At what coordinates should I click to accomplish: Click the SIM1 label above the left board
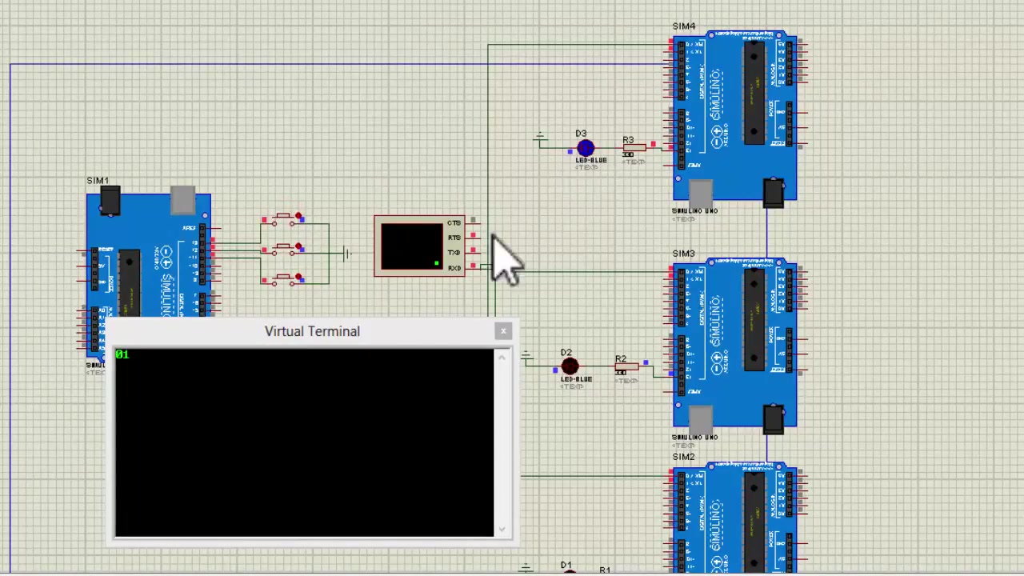click(x=98, y=181)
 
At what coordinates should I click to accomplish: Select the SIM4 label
click(x=684, y=26)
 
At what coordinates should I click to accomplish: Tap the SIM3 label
click(x=684, y=254)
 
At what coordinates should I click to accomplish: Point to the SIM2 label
click(x=684, y=457)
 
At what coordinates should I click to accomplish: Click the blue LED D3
click(x=585, y=149)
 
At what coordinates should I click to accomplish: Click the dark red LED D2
click(x=570, y=367)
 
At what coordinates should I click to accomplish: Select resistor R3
click(x=634, y=147)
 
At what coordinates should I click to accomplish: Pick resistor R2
click(x=626, y=367)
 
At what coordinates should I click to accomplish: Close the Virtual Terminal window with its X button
click(x=503, y=331)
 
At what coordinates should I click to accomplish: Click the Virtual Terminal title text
click(x=312, y=331)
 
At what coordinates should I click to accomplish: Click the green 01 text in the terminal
click(x=122, y=354)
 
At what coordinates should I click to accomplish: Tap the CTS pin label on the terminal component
click(x=454, y=222)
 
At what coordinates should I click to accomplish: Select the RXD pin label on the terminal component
click(x=454, y=268)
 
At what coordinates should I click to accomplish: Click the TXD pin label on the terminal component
click(x=454, y=253)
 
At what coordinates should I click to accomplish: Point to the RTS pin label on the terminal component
click(x=454, y=238)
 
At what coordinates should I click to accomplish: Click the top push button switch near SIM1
click(x=285, y=218)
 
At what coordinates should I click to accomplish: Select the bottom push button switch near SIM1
click(x=285, y=279)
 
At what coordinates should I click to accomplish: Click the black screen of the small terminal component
click(x=411, y=246)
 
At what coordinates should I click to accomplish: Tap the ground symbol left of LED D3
click(x=540, y=139)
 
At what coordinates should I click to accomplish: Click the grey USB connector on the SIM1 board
click(x=182, y=201)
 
